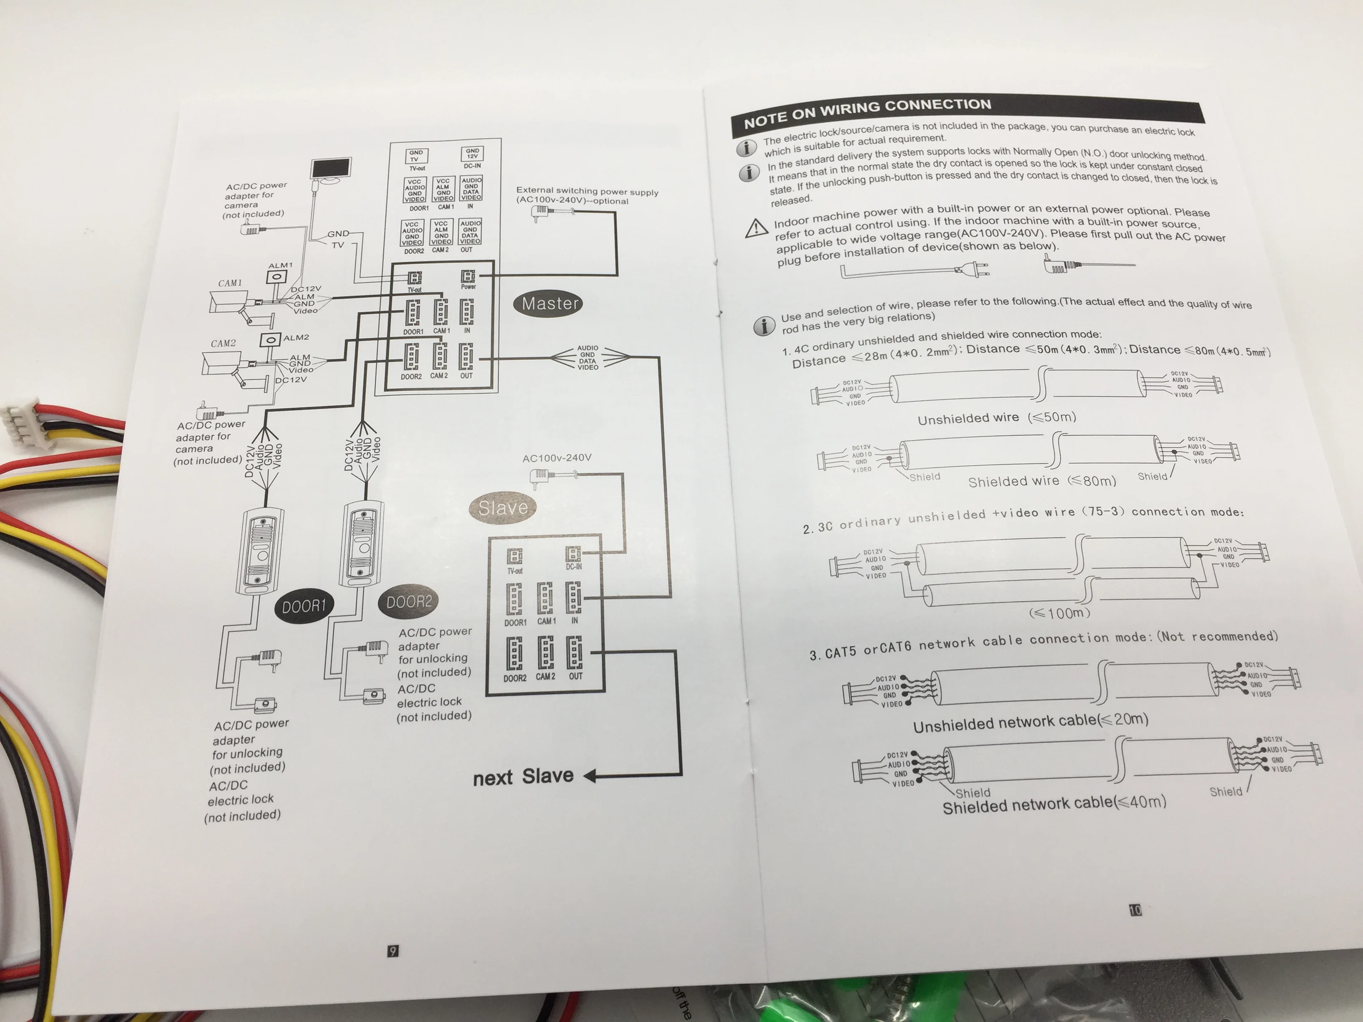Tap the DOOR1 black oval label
[x=303, y=607]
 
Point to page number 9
[x=393, y=951]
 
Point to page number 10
[x=1135, y=910]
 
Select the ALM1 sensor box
[x=277, y=277]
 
